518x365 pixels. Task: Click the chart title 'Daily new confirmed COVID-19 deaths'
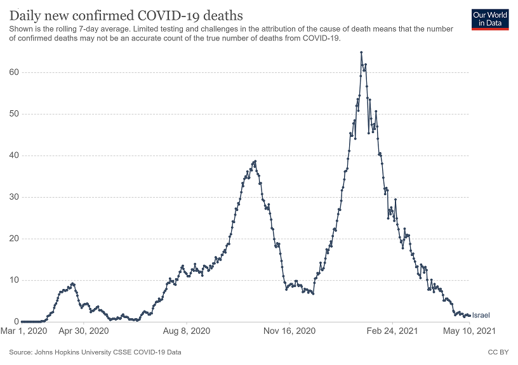126,15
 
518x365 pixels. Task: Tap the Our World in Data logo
491,19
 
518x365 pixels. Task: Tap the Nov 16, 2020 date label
289,331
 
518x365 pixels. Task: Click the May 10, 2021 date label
468,331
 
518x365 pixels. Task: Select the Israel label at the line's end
481,315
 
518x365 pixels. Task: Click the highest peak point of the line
361,53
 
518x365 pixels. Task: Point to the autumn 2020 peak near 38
255,161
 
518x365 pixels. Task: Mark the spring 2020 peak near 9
73,283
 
